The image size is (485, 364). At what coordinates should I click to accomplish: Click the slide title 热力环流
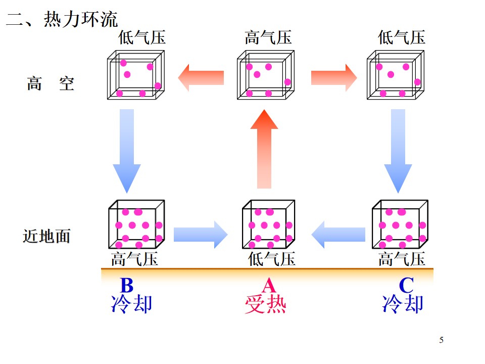pos(81,20)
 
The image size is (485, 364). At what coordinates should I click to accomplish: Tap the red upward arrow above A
pos(264,149)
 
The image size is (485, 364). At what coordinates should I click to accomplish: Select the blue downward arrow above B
pos(127,151)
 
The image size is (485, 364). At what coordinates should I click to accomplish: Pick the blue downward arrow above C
pos(398,151)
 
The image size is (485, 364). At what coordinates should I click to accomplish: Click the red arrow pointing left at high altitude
pos(201,78)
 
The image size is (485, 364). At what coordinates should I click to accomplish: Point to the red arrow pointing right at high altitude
pos(334,78)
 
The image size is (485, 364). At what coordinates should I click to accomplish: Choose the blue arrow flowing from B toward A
pos(201,235)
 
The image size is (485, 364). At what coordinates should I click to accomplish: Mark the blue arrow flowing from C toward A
pos(338,235)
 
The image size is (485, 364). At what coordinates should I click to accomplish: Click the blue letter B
pos(127,285)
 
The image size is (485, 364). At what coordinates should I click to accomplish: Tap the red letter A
pos(268,285)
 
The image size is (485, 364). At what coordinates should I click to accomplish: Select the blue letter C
pos(406,285)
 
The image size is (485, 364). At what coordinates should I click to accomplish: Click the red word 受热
pos(265,304)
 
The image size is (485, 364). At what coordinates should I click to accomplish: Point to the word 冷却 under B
pos(131,304)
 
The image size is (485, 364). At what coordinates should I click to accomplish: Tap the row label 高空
pos(51,83)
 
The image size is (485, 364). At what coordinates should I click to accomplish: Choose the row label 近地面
pos(46,236)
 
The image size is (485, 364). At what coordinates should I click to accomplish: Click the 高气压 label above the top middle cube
pos(268,38)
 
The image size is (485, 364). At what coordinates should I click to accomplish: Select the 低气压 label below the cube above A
pos(272,259)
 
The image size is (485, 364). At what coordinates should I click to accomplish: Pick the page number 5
pos(442,340)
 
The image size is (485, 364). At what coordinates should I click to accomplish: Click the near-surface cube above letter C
pos(400,224)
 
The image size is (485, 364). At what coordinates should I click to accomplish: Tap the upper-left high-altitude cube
pos(136,75)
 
